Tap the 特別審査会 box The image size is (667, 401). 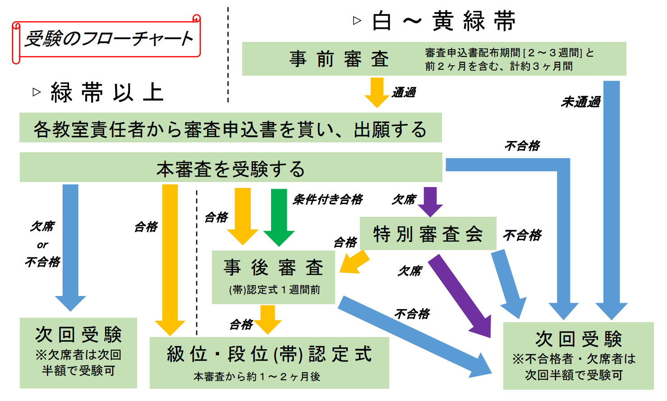coord(428,233)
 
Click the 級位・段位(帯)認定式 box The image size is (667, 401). coord(269,362)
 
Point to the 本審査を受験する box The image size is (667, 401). coord(231,168)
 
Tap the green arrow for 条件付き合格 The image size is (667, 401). coord(279,216)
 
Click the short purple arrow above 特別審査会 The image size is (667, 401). coord(430,201)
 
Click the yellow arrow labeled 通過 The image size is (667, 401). coord(377,92)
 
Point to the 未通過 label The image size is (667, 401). coord(580,102)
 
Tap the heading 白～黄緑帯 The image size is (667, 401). coord(444,21)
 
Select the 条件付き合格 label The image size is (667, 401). coord(328,199)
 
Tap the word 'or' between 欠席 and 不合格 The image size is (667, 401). coord(42,245)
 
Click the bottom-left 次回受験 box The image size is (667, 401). coord(78,352)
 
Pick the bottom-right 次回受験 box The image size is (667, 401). coord(578,355)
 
